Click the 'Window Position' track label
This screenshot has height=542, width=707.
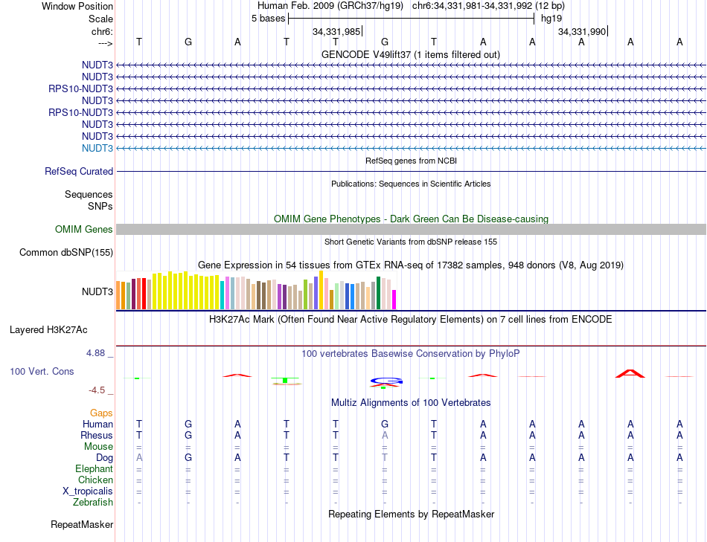[x=77, y=6]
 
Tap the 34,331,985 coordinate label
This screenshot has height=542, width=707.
[x=336, y=31]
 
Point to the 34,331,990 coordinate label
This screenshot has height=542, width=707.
[x=582, y=31]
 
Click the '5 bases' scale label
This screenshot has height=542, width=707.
[x=268, y=19]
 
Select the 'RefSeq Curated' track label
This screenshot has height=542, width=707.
[x=79, y=172]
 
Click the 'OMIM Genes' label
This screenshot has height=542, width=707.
[x=84, y=230]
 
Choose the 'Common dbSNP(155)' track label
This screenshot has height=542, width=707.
[x=66, y=253]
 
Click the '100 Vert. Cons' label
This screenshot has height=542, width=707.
[x=42, y=371]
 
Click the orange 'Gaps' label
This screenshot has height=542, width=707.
[x=101, y=413]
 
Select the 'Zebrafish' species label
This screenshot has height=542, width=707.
[x=94, y=503]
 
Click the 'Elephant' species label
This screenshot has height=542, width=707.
[x=94, y=469]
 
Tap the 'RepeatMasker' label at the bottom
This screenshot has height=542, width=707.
[x=82, y=525]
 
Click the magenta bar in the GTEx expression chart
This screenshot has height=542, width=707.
[x=394, y=300]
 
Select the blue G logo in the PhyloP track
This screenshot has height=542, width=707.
[x=385, y=381]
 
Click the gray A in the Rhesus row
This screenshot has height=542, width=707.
[x=385, y=435]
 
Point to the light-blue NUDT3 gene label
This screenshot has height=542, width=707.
[x=98, y=148]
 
